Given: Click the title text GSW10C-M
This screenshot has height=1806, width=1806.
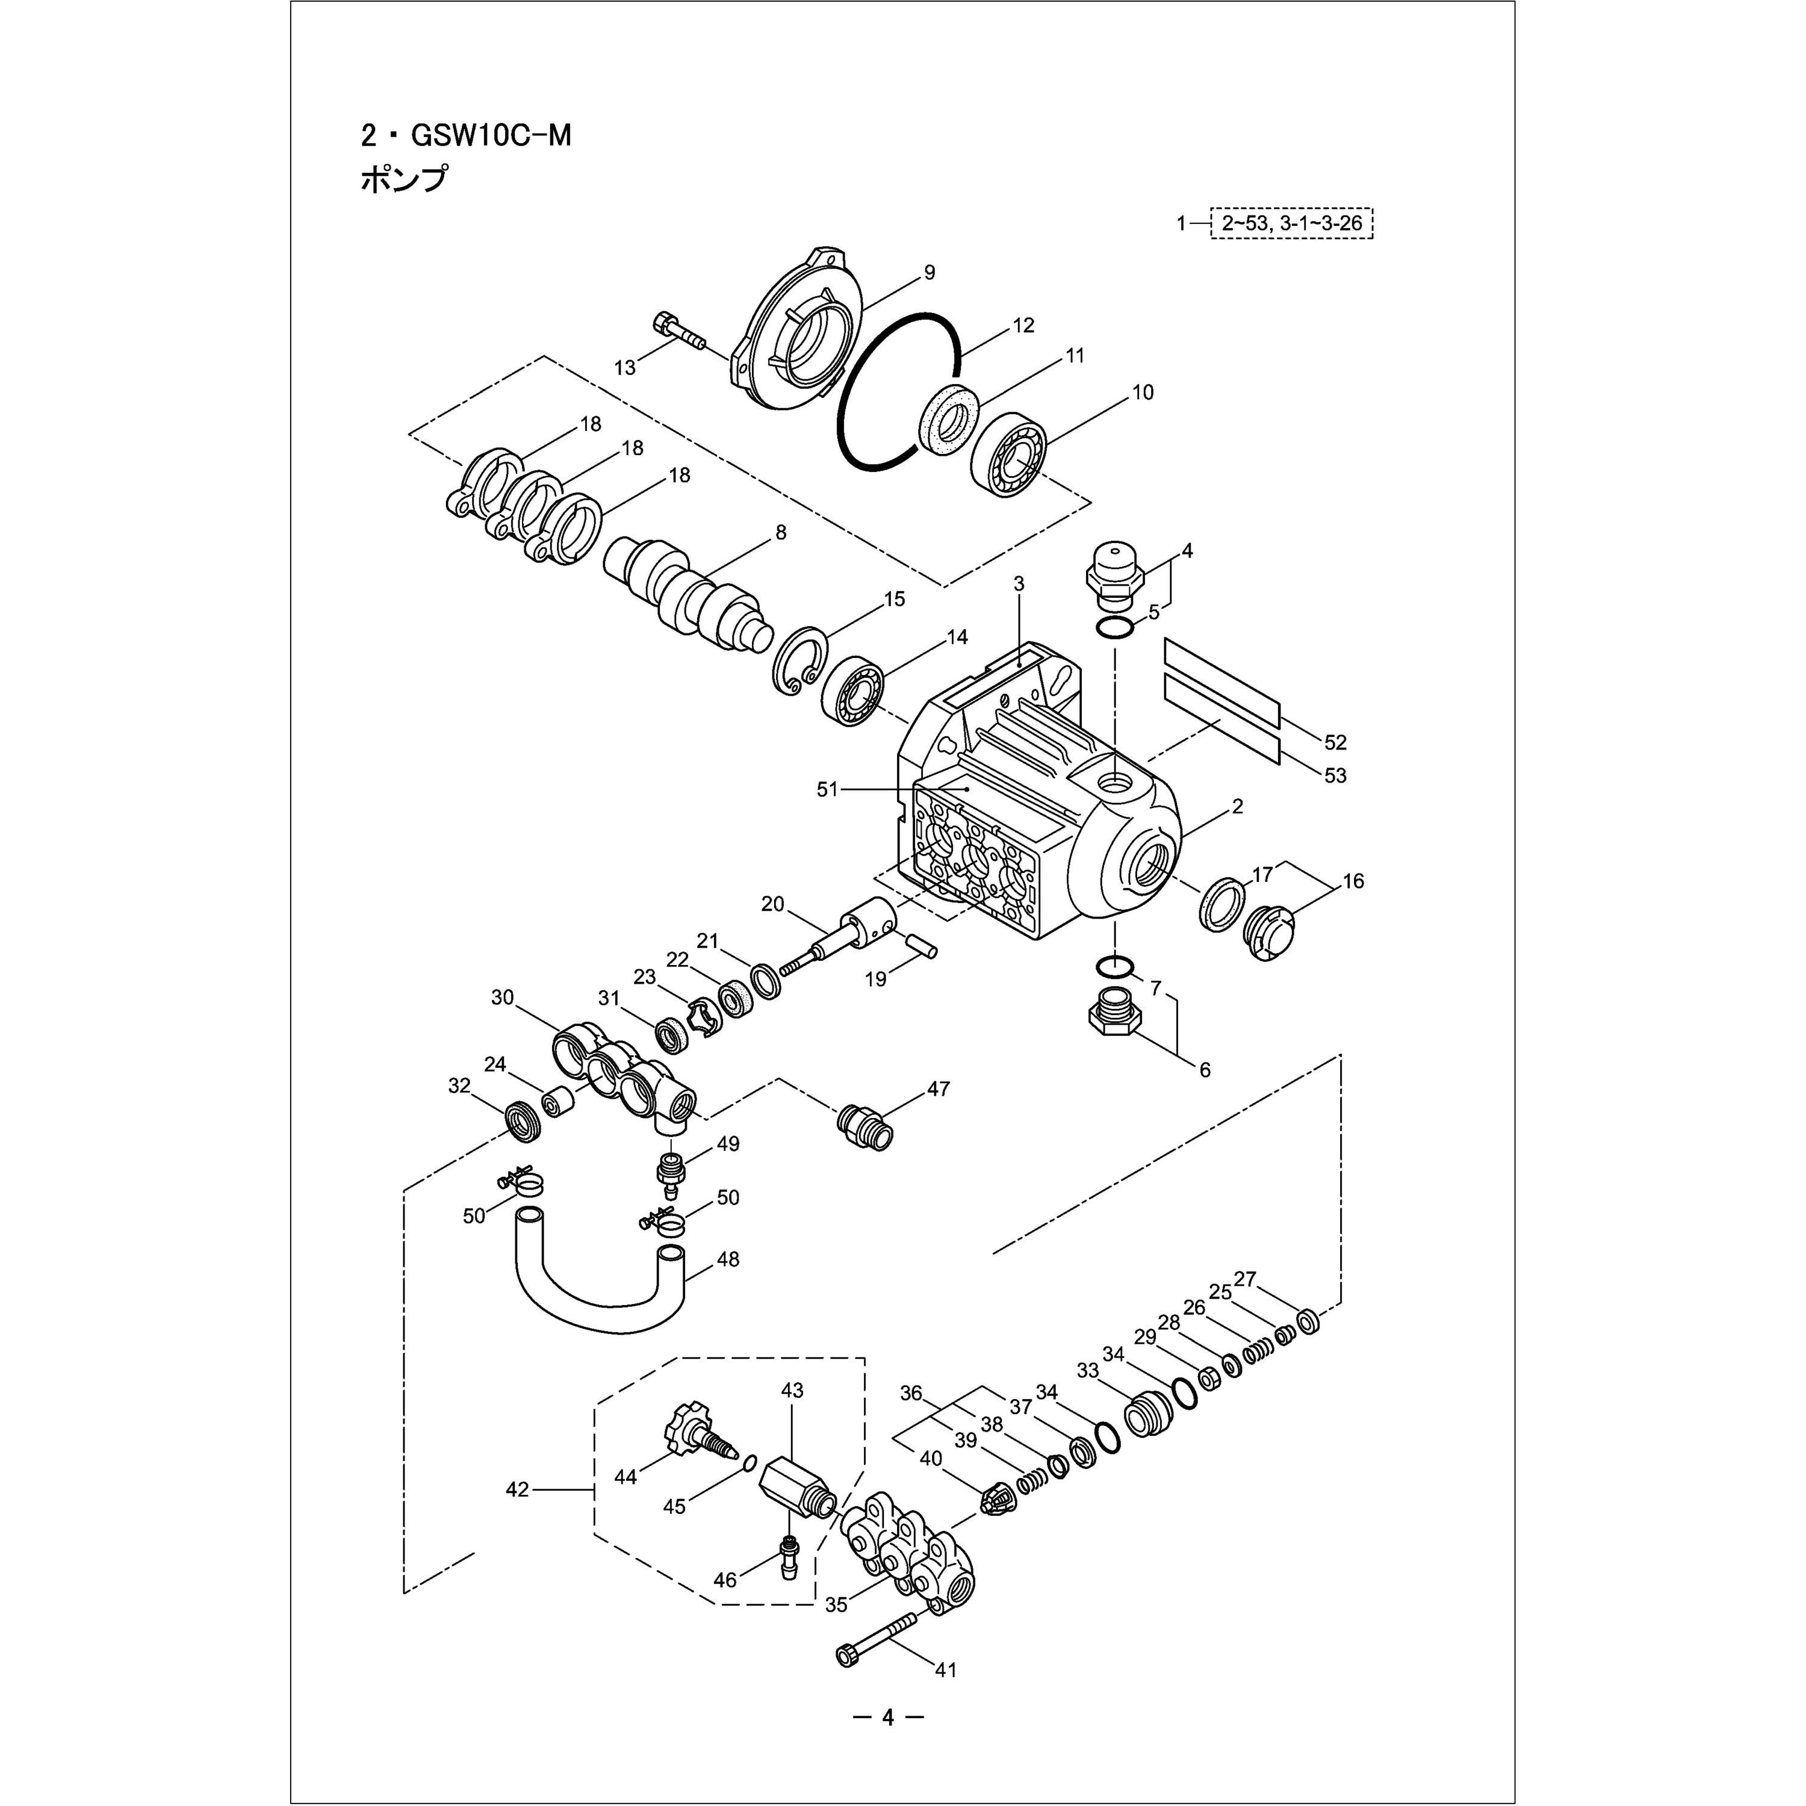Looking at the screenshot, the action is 492,137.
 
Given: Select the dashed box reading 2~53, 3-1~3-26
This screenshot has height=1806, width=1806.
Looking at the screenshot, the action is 1292,223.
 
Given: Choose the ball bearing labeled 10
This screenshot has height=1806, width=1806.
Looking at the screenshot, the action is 1013,455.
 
